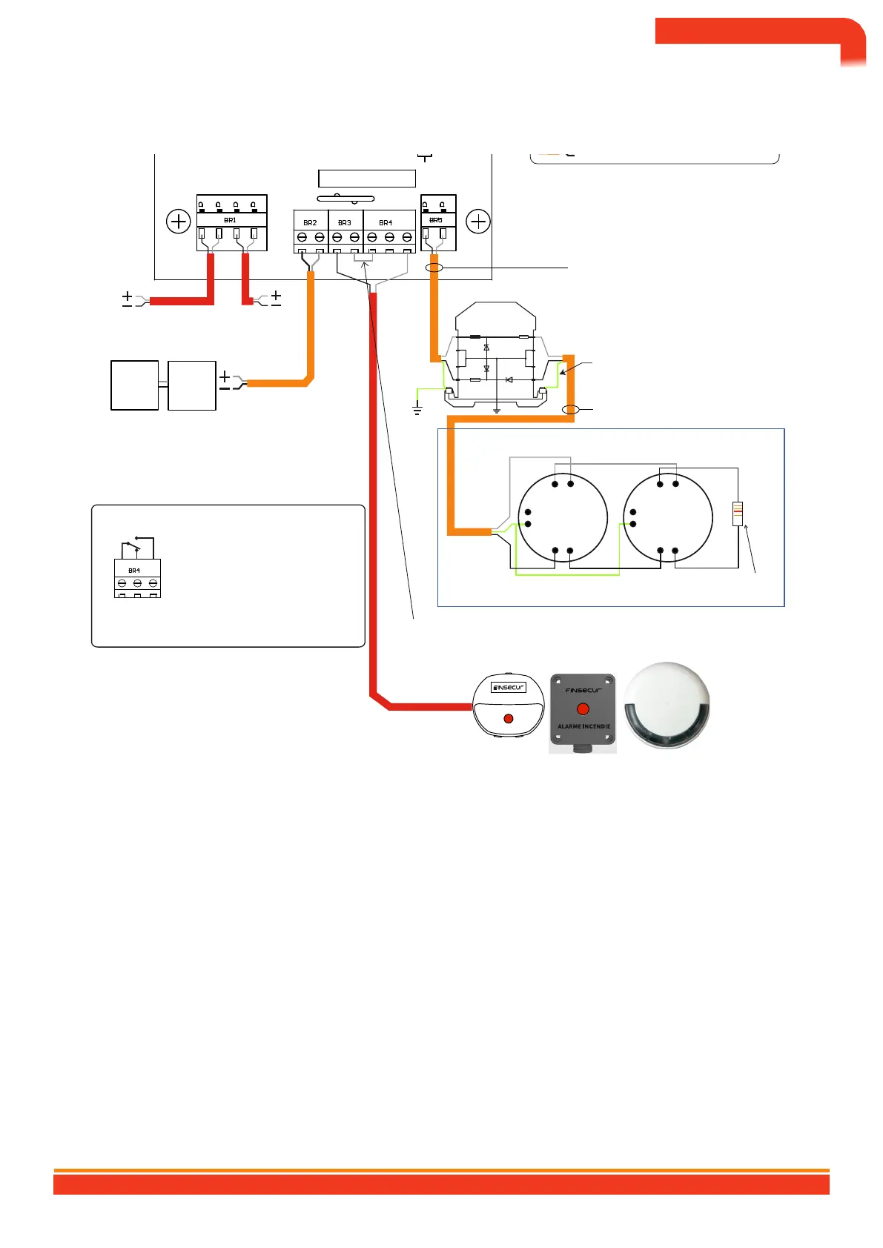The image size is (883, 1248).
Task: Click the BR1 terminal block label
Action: click(x=230, y=220)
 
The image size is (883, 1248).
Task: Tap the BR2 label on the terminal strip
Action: click(x=310, y=222)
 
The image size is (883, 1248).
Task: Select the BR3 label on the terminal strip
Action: click(x=345, y=222)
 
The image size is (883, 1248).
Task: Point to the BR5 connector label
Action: click(x=436, y=220)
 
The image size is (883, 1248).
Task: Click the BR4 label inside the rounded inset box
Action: click(x=134, y=571)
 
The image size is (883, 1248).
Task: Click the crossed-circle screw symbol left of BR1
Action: click(x=179, y=222)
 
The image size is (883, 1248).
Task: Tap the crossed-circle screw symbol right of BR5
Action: click(x=479, y=222)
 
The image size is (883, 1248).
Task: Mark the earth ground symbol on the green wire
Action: click(x=417, y=408)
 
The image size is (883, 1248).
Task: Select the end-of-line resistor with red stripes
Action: click(x=738, y=514)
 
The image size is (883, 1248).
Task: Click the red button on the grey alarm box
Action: click(x=583, y=709)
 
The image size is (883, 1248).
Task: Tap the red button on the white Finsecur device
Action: click(x=508, y=719)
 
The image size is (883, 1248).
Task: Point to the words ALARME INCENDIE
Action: click(x=583, y=726)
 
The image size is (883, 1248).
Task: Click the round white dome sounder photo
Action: click(x=667, y=705)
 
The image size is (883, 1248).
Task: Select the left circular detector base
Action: click(x=563, y=518)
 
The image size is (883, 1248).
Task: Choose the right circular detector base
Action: click(x=668, y=518)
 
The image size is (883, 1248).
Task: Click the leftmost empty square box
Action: click(x=134, y=385)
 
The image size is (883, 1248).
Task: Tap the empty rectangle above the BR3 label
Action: click(x=366, y=178)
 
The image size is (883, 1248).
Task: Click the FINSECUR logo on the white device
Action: click(x=509, y=687)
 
